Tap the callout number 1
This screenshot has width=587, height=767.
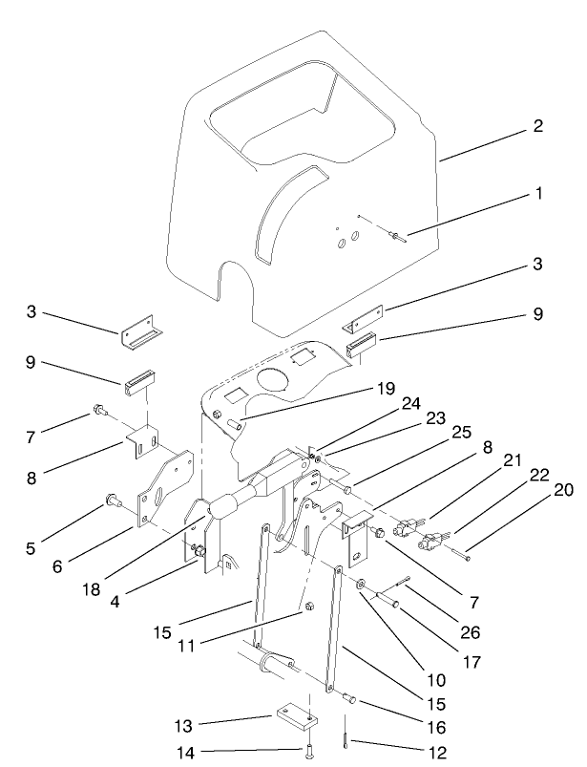(x=539, y=193)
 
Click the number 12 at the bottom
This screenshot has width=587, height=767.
(x=438, y=753)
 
